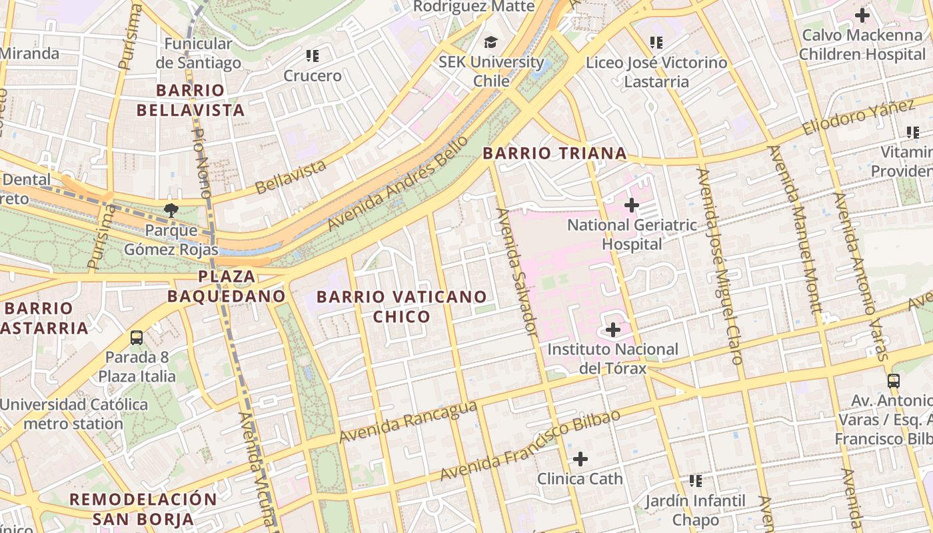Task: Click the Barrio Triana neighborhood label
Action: (x=554, y=153)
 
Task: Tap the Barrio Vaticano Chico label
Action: (x=401, y=306)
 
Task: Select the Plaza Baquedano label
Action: (x=227, y=286)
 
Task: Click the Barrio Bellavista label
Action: (x=191, y=101)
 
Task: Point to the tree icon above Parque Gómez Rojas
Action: (x=171, y=211)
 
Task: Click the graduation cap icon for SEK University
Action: (x=491, y=43)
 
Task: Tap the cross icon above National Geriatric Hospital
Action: (x=631, y=205)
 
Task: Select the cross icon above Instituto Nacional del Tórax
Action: (x=612, y=329)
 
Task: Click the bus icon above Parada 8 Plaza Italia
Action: (x=137, y=338)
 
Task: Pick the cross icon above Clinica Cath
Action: (x=580, y=458)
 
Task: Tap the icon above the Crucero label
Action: (x=312, y=56)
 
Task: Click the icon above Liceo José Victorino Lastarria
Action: (x=656, y=43)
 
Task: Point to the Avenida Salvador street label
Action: (x=517, y=272)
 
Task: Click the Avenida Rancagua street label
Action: (x=408, y=422)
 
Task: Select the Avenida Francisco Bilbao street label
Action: (x=530, y=445)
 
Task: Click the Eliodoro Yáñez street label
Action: (x=858, y=118)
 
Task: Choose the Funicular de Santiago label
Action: (x=198, y=53)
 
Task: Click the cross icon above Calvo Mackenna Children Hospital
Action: (x=862, y=15)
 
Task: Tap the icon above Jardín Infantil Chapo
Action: (x=696, y=480)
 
